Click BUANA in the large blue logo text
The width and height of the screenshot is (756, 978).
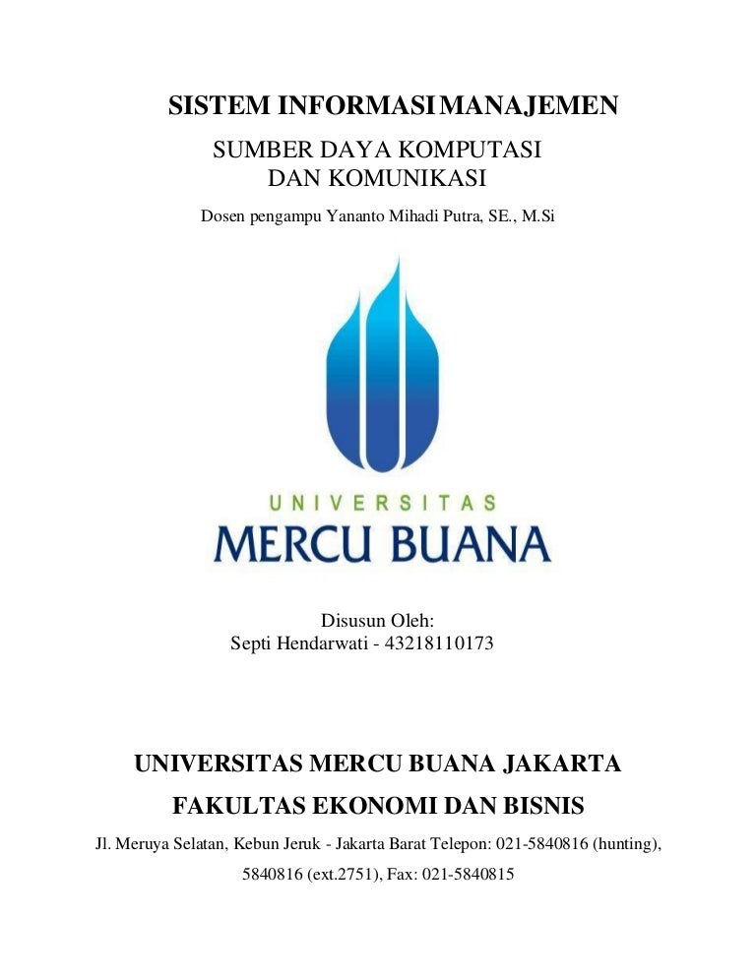click(472, 542)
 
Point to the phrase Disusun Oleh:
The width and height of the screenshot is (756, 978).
click(378, 620)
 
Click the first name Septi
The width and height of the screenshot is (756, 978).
click(252, 645)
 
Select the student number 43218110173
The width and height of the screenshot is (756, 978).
click(441, 645)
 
